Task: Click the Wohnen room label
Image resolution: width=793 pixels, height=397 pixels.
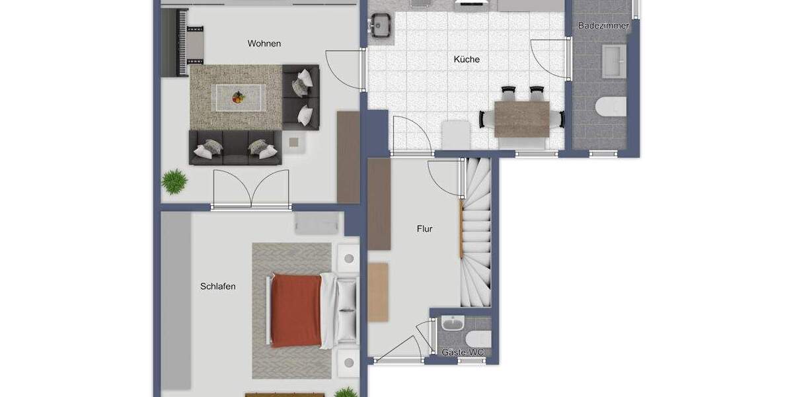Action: pyautogui.click(x=264, y=44)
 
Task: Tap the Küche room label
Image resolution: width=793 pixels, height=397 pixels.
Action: pyautogui.click(x=467, y=60)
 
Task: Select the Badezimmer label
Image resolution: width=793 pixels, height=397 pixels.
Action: pyautogui.click(x=603, y=26)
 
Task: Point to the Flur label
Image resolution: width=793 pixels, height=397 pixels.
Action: pyautogui.click(x=424, y=229)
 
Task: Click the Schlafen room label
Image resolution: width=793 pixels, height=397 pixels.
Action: pyautogui.click(x=218, y=287)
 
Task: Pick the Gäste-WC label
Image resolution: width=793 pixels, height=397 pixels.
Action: pyautogui.click(x=463, y=353)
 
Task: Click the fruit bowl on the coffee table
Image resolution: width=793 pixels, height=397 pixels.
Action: pyautogui.click(x=237, y=98)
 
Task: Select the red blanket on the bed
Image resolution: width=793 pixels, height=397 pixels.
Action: pyautogui.click(x=296, y=310)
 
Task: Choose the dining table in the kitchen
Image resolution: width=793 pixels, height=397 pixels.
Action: pyautogui.click(x=522, y=118)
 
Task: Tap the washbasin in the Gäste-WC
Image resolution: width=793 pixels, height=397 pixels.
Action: pyautogui.click(x=453, y=324)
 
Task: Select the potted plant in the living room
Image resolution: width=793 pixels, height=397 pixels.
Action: pyautogui.click(x=174, y=181)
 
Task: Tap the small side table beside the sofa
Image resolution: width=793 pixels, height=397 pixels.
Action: pyautogui.click(x=295, y=142)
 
